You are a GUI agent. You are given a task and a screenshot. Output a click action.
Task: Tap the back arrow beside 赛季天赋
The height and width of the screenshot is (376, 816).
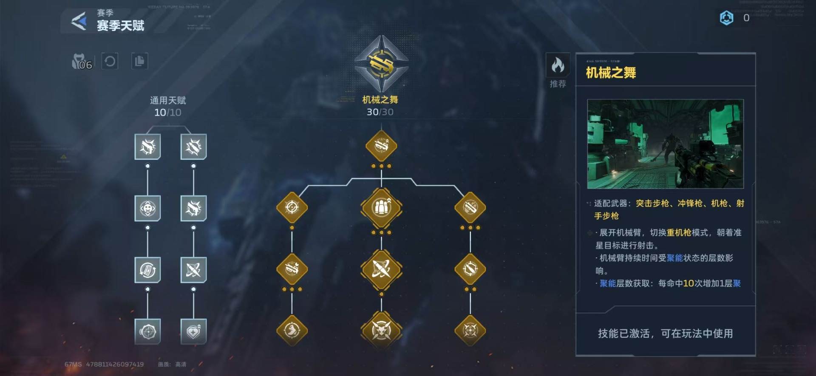[79, 21]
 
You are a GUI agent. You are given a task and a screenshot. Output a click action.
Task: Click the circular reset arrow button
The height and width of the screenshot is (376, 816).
[110, 62]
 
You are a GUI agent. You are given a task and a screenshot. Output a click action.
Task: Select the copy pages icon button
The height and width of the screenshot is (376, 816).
[139, 62]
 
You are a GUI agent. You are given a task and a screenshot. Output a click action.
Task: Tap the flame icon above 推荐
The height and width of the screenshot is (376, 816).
[558, 65]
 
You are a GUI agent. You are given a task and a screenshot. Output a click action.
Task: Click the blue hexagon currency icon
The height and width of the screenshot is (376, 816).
[726, 18]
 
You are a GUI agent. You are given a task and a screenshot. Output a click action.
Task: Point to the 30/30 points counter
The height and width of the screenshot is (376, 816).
[380, 112]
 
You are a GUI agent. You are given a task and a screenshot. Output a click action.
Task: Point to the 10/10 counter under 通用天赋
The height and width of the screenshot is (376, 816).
[167, 113]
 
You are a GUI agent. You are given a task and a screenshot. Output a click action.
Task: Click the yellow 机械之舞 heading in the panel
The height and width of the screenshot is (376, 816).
[611, 73]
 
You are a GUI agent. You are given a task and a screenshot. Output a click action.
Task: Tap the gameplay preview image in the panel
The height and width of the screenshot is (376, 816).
[665, 144]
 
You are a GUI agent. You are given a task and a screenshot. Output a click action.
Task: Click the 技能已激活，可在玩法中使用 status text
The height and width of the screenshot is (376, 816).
[665, 334]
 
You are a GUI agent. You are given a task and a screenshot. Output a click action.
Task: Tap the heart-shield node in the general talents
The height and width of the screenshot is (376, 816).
[193, 331]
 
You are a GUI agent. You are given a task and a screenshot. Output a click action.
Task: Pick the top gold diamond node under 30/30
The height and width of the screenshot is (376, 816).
[381, 146]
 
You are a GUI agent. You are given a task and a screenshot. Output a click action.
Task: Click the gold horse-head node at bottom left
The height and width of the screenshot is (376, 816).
[292, 330]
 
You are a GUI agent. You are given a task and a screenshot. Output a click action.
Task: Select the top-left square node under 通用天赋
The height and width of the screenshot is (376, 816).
[147, 147]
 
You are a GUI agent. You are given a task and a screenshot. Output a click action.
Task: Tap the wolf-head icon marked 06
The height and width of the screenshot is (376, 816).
[81, 62]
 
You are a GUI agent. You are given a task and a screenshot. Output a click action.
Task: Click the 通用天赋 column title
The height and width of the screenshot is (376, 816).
[168, 100]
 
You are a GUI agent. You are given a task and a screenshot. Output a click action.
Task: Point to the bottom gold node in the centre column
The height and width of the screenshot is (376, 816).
[381, 330]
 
